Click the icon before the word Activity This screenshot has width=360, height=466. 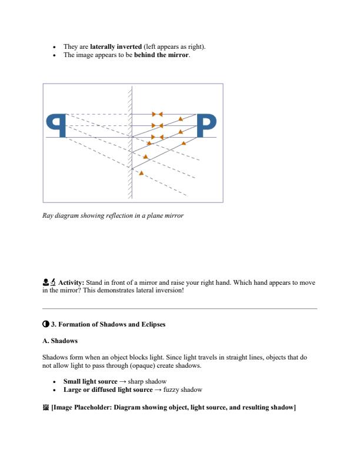coord(49,282)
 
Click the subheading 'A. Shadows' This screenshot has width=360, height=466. coord(60,341)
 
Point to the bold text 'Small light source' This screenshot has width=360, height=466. coord(90,381)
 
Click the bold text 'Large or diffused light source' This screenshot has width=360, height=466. coord(108,390)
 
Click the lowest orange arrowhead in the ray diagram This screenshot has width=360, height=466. coord(141,172)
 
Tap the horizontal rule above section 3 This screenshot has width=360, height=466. coord(180,308)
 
